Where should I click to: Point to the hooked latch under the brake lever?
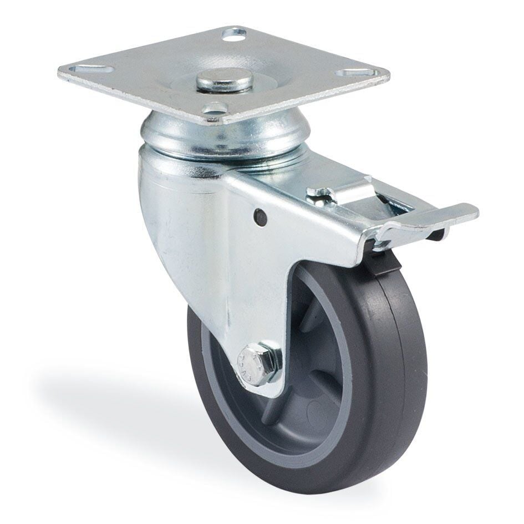click(x=383, y=241)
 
